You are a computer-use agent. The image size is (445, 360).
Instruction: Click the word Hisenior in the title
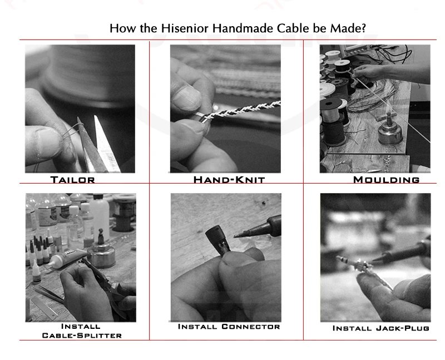[185, 28]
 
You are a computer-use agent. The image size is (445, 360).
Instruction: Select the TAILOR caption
[73, 180]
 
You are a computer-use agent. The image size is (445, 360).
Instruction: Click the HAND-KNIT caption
[229, 180]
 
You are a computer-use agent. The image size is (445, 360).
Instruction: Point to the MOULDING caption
[386, 180]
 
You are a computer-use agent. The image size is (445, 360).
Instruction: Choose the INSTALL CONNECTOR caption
[229, 327]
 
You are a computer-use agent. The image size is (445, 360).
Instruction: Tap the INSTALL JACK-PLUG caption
[381, 328]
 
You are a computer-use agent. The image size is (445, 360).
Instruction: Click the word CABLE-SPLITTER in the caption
[82, 336]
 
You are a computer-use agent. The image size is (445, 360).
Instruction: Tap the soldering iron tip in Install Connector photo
[239, 234]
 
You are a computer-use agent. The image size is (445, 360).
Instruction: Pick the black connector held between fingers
[217, 240]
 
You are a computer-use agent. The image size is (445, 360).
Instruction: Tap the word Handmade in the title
[243, 28]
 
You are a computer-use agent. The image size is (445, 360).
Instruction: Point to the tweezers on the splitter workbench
[48, 294]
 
